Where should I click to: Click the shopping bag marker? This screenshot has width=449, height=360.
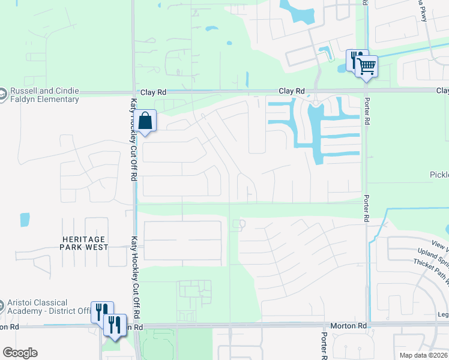[x=145, y=121]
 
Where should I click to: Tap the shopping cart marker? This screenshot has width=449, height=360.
[x=366, y=65]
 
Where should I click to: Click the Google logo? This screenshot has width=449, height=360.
[x=20, y=353]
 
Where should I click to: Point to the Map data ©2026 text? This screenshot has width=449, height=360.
[x=424, y=355]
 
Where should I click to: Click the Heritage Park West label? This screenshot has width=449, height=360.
[x=85, y=243]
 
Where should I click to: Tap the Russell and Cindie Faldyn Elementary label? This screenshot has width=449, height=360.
[x=44, y=95]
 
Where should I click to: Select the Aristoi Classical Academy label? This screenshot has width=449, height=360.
[x=47, y=306]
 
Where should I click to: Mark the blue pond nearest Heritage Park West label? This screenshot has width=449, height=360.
[x=25, y=220]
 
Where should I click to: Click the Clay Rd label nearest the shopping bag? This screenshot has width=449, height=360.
[x=153, y=93]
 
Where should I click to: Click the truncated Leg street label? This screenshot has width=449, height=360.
[x=443, y=314]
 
